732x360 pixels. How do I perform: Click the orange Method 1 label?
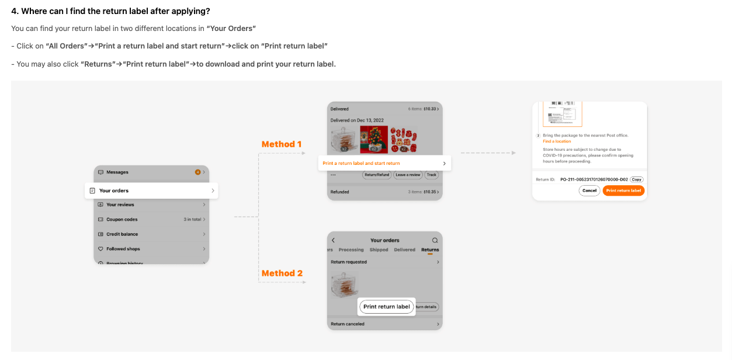pos(282,144)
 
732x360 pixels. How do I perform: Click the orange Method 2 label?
pos(282,274)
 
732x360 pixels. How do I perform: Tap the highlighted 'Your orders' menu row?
pos(151,191)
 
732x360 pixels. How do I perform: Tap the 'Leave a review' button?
pos(407,175)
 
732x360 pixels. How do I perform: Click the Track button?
pos(431,175)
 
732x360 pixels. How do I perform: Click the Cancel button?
pos(589,191)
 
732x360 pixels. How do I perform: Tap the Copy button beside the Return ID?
pos(636,179)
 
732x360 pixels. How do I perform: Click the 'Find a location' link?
pos(557,141)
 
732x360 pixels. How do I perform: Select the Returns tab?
pos(430,250)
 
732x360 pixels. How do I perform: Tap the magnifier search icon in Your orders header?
pos(435,240)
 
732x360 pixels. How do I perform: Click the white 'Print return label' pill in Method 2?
pos(387,307)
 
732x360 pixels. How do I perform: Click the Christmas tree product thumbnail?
pos(374,140)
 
